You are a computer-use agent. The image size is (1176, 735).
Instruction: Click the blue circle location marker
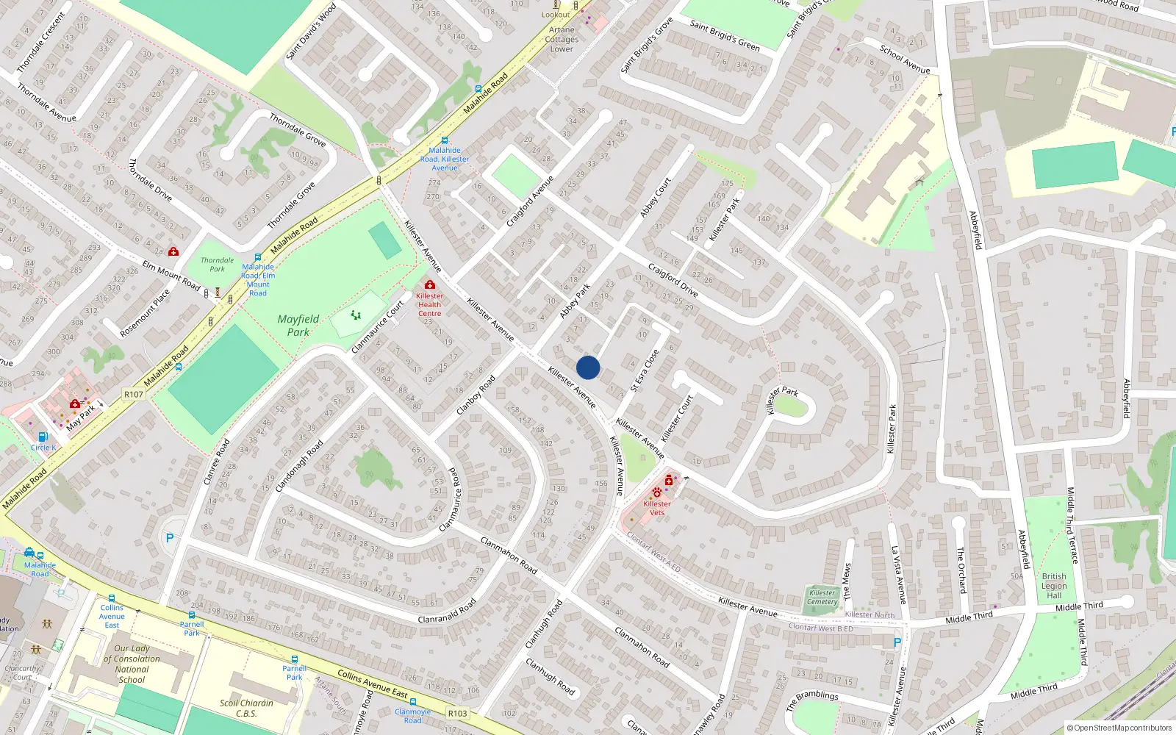[588, 367]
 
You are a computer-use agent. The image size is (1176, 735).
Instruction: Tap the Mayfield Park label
[298, 326]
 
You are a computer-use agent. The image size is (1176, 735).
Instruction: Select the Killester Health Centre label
[430, 304]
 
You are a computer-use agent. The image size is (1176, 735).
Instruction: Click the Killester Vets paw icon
[656, 492]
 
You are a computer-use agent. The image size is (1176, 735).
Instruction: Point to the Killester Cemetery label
[822, 597]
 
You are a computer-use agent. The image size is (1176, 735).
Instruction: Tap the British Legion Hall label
[1054, 586]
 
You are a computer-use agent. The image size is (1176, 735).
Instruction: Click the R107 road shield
[134, 395]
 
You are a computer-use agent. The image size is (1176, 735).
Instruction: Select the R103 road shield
[457, 713]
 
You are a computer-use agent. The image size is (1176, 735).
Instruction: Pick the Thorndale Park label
[218, 265]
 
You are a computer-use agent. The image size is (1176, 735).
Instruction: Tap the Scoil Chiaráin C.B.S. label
[246, 708]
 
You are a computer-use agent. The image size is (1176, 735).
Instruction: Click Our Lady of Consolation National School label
[132, 664]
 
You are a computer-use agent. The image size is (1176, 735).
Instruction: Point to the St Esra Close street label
[645, 370]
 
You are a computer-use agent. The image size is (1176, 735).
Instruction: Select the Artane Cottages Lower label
[562, 40]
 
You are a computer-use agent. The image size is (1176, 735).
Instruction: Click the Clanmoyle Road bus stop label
[413, 716]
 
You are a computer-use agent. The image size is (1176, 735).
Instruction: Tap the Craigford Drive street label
[673, 279]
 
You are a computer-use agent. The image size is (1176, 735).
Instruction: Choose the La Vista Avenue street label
[898, 575]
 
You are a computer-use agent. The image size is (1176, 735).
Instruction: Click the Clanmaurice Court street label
[379, 326]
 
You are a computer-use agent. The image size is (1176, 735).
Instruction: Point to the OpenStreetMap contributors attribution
[1119, 728]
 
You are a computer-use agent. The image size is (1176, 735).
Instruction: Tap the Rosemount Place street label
[145, 313]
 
